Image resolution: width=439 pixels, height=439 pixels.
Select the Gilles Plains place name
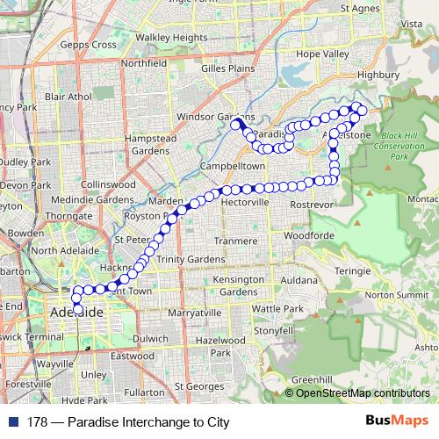click(227, 68)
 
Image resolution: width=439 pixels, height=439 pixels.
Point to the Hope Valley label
click(322, 54)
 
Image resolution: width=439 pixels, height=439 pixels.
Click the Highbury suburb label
click(378, 76)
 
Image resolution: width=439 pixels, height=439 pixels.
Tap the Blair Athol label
click(68, 96)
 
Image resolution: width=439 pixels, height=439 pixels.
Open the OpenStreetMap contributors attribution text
click(362, 393)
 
